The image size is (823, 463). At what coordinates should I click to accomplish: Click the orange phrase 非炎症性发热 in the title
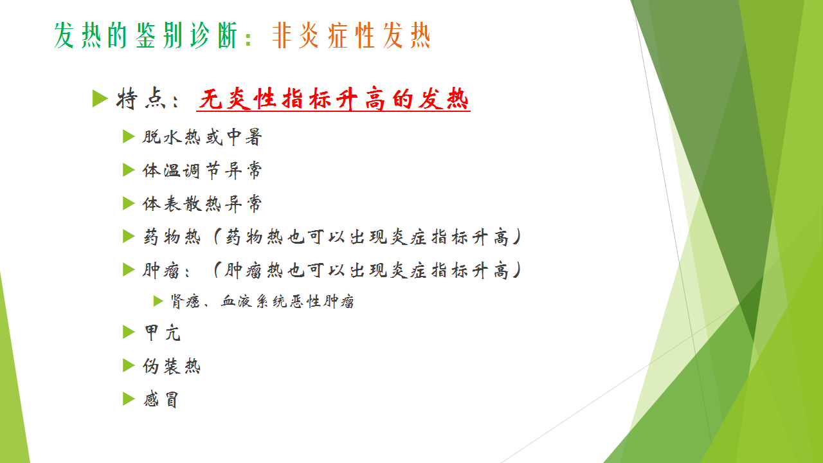coord(351,35)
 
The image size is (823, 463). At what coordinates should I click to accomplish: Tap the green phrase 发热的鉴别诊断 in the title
coord(145,35)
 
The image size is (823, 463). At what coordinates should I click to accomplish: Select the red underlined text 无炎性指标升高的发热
coord(334,99)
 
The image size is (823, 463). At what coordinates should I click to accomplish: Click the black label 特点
coord(141,99)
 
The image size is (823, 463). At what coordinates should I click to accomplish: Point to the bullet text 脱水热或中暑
coord(203,137)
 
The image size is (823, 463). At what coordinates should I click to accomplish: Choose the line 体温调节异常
coord(203,170)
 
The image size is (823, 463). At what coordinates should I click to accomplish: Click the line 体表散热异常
coord(203,204)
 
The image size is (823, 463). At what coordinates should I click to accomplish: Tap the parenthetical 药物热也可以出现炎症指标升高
coord(367,237)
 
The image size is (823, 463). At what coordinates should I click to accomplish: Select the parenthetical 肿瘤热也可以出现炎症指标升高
coord(366,271)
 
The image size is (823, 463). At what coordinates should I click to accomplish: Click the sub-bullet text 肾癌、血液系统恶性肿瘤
coord(262,302)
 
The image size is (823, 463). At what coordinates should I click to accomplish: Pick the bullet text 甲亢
coord(163,333)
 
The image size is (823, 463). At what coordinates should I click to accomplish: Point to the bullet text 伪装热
coord(172,366)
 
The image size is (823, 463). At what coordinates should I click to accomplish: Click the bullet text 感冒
coord(161,399)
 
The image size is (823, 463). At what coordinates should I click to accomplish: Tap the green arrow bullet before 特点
coord(100,98)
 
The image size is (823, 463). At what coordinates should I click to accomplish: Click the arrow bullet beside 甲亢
coord(129,332)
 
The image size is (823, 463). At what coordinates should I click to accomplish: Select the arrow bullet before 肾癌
coord(158,301)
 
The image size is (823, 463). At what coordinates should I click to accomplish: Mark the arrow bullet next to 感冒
coord(129,399)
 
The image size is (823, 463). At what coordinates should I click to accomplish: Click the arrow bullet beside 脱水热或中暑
coord(129,137)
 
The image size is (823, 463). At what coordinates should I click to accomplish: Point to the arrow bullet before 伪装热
coord(129,366)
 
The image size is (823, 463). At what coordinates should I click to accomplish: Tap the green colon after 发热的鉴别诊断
coord(248,39)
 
